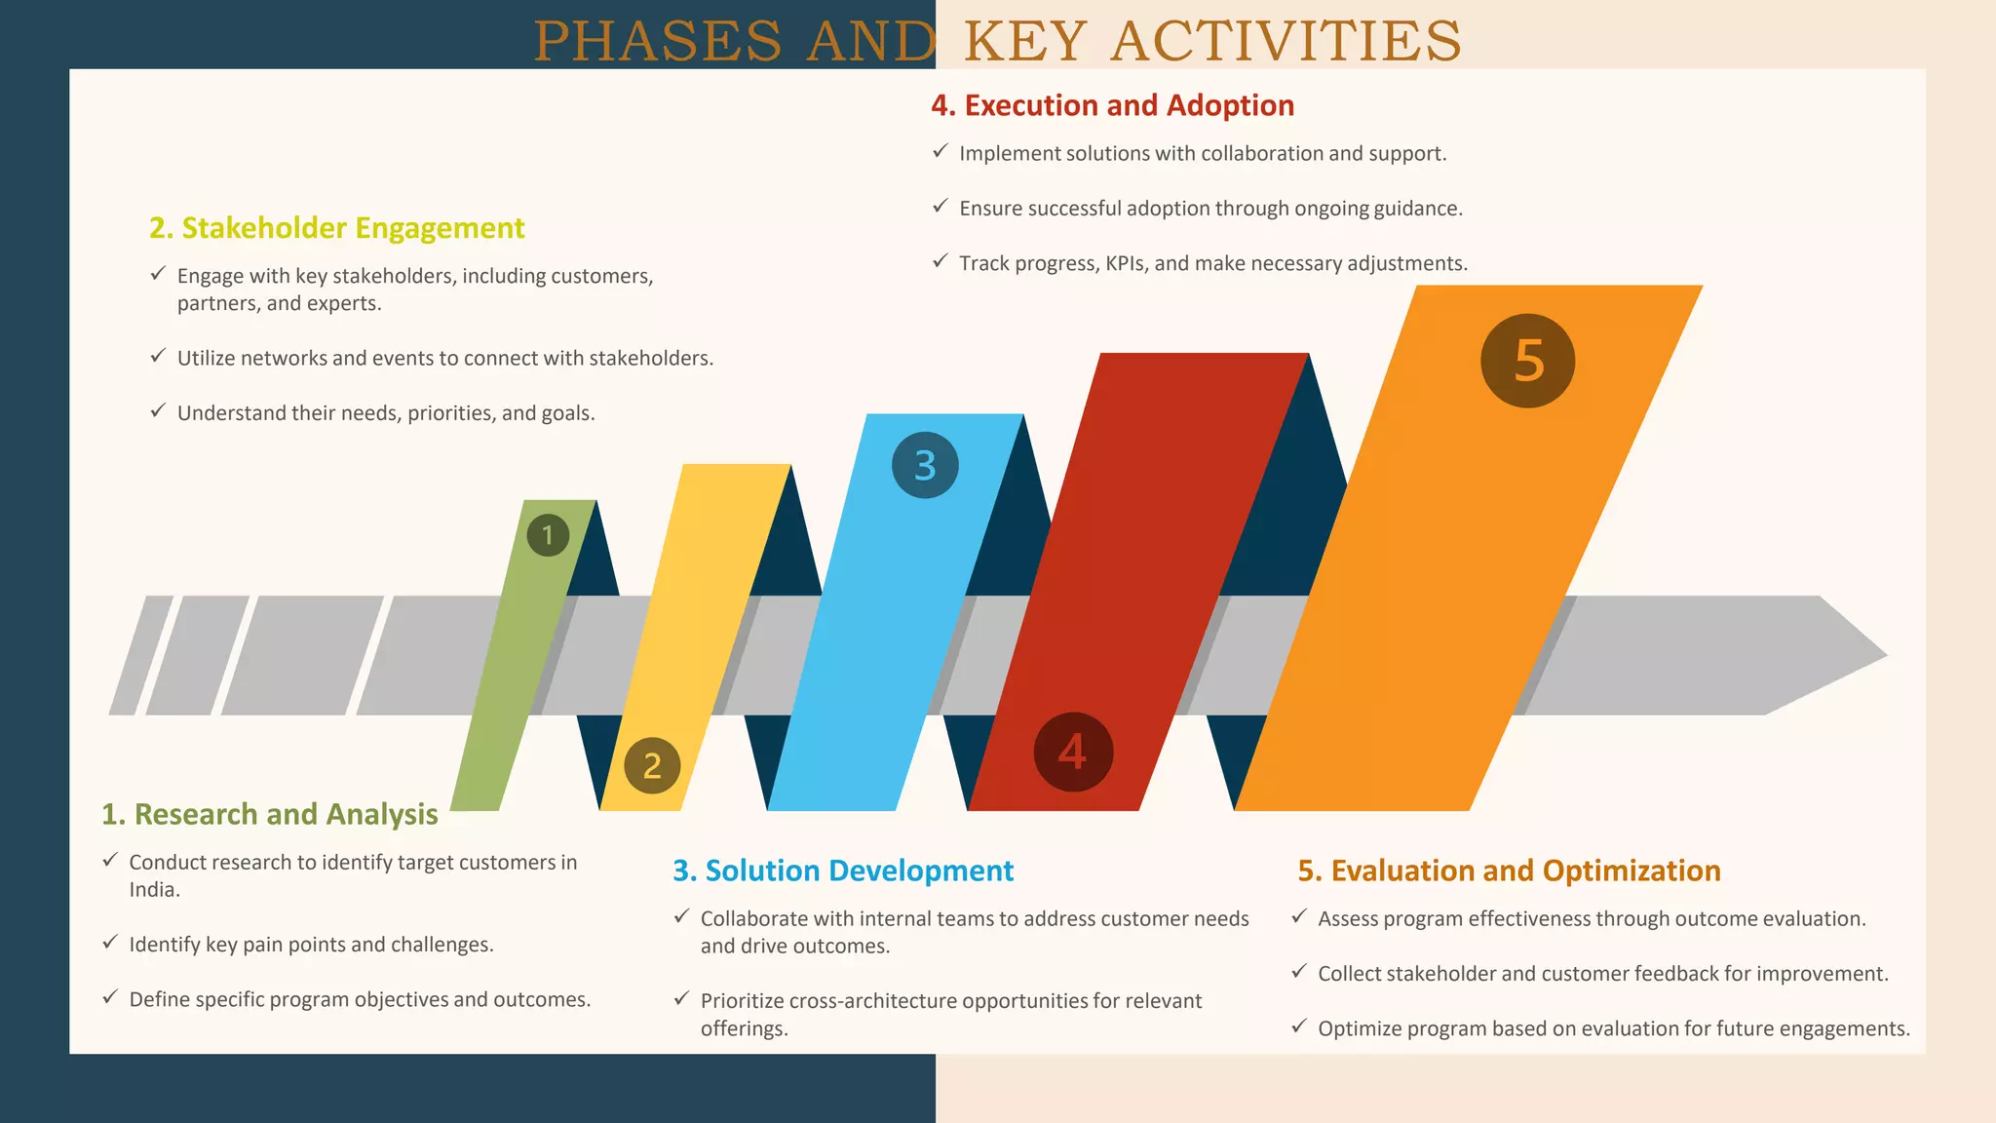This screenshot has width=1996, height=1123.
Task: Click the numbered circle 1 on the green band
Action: [x=548, y=535]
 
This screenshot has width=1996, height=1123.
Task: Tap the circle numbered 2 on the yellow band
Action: [x=652, y=765]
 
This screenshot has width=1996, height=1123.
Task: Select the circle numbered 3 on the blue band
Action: [x=925, y=465]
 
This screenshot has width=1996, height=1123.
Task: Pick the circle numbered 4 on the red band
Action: [x=1073, y=752]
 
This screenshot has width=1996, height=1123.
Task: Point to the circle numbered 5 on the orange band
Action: [x=1527, y=361]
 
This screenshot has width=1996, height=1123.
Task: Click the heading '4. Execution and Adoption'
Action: [x=1112, y=105]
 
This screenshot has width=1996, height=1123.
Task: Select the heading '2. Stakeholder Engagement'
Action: [x=336, y=228]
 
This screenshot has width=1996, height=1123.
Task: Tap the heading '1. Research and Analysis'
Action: [x=270, y=814]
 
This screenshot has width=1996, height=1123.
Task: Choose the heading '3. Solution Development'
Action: [x=843, y=871]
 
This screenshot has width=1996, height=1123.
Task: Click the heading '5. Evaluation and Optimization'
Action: [x=1509, y=871]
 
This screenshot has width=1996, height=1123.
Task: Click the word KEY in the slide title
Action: [x=1025, y=42]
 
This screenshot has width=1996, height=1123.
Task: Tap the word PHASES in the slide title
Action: [x=658, y=42]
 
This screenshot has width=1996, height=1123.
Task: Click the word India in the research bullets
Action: [x=153, y=890]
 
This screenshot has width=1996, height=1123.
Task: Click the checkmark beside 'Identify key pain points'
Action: [x=111, y=943]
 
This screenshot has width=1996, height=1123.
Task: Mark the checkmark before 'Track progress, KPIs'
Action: [x=940, y=261]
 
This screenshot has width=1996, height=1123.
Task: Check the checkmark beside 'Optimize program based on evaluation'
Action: [x=1299, y=1026]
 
